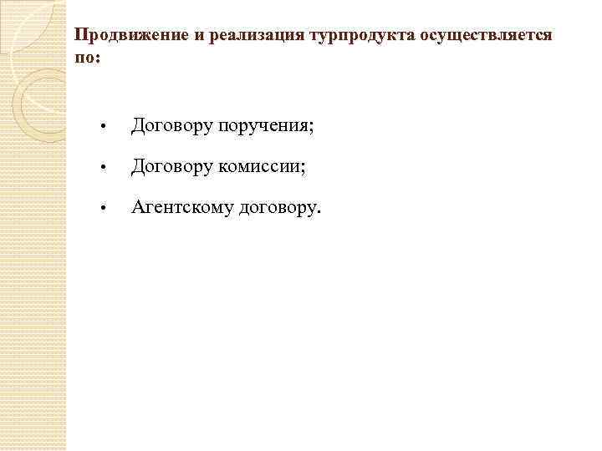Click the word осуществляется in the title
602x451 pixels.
pos(487,36)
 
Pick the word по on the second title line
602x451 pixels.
pos(84,58)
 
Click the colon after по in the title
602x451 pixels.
pos(96,59)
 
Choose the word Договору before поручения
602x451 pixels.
pos(171,127)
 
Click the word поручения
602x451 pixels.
pos(263,127)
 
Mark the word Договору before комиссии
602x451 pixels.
pos(171,167)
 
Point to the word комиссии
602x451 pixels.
pos(259,167)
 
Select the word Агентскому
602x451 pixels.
pos(182,207)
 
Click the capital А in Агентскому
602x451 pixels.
pos(138,207)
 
